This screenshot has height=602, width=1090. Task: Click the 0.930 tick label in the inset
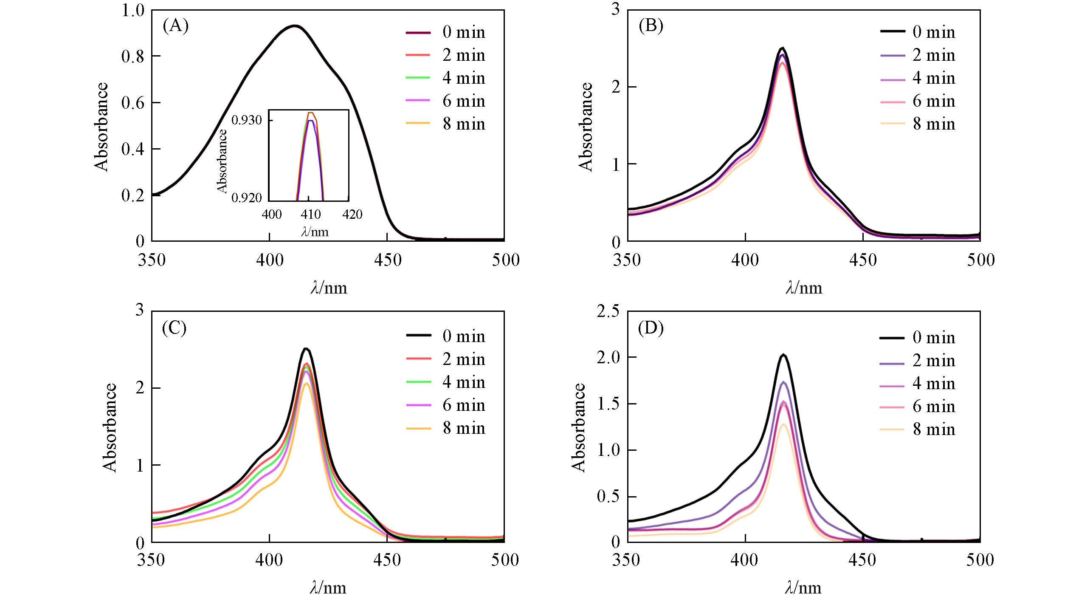[x=246, y=121]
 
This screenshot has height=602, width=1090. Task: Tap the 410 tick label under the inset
[x=311, y=215]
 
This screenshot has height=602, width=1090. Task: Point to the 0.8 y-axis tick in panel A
[x=133, y=56]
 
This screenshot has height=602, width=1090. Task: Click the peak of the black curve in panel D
[x=783, y=355]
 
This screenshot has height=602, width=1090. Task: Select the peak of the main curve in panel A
[x=294, y=26]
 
